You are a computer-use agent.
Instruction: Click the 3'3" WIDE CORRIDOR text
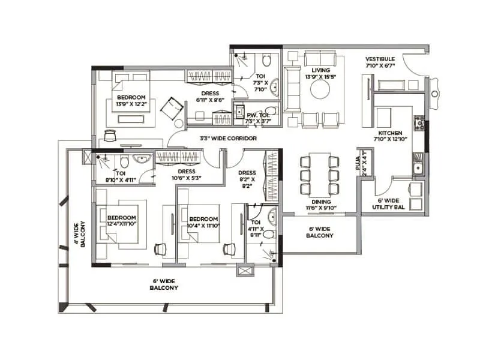tap(228, 139)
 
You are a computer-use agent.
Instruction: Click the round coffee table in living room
tap(319, 90)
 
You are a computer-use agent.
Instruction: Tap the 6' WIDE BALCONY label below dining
tap(320, 232)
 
